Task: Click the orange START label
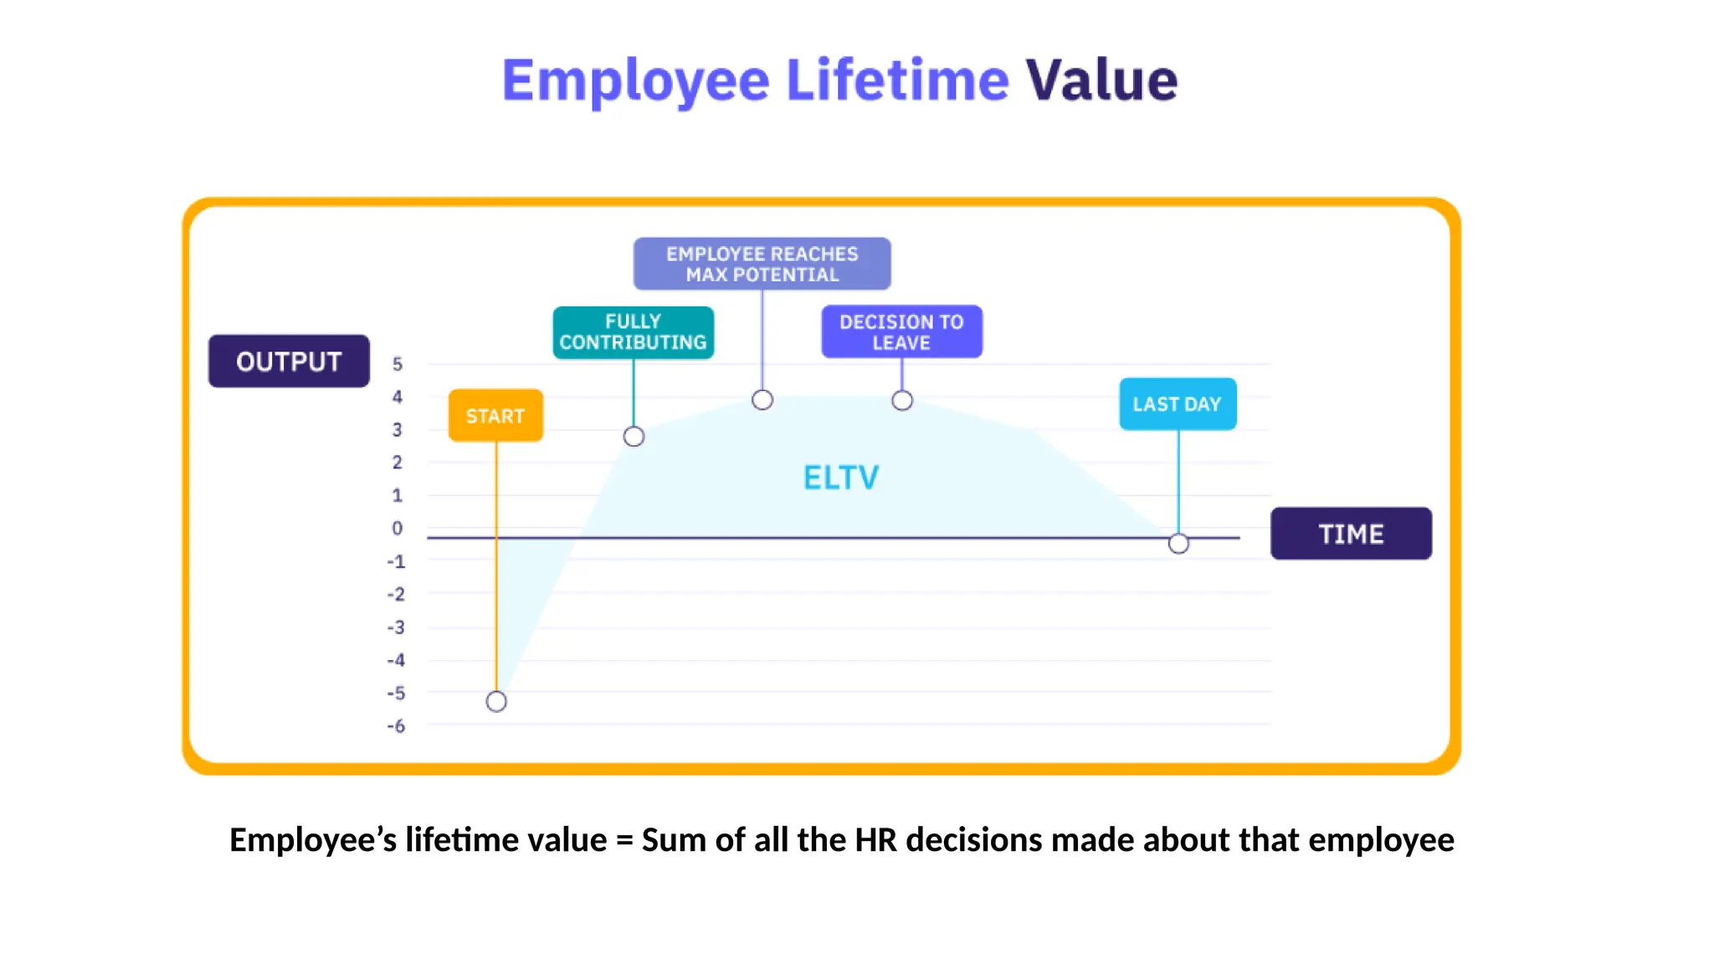pos(495,416)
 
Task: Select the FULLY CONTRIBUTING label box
pos(633,332)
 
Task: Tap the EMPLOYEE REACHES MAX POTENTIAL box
pos(762,264)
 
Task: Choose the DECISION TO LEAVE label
pos(901,332)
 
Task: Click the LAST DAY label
pos(1177,404)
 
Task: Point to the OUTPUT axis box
pos(289,361)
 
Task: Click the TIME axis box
pos(1350,534)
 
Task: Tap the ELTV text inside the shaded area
pos(841,478)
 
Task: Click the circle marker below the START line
pos(496,701)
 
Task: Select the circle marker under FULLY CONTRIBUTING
pos(634,436)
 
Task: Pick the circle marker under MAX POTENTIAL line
pos(762,400)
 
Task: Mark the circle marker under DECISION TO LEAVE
pos(901,401)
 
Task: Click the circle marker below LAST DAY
pos(1178,544)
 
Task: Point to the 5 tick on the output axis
pos(398,364)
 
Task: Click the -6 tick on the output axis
pos(396,726)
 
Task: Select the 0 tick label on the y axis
pos(398,528)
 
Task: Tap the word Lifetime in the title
pos(897,80)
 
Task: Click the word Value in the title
pos(1101,80)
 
